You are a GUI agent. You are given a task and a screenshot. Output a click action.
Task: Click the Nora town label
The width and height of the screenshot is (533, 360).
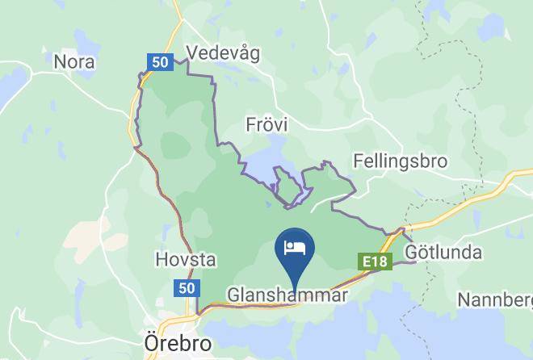pos(73,61)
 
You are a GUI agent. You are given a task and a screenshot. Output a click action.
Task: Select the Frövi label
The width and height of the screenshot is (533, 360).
pos(266,124)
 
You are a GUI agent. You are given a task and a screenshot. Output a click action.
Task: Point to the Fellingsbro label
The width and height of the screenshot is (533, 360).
pos(400,161)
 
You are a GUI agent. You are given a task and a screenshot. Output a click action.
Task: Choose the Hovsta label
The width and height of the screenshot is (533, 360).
pos(185,260)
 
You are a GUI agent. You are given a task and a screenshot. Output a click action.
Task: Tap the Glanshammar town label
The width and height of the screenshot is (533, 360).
pos(287,295)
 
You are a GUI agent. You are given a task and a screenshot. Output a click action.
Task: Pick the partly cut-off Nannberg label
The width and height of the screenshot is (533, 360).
pos(494,300)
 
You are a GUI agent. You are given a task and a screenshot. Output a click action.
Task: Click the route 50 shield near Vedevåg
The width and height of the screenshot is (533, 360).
pos(158,61)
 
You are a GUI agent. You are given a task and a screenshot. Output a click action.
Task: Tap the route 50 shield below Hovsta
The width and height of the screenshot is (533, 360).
pos(185,288)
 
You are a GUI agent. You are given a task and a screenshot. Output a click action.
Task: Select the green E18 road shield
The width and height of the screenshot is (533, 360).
pos(375,262)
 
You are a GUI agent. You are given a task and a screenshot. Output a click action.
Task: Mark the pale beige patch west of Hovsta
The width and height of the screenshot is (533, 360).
pos(85,234)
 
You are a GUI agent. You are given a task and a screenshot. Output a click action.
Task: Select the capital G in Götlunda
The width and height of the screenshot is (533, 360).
pos(412,253)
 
